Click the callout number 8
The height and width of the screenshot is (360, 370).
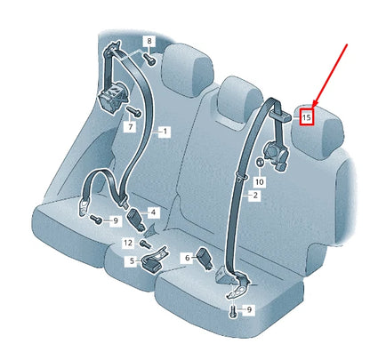[149, 42]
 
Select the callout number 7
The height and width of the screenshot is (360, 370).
[130, 128]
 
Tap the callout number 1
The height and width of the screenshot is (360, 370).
[164, 131]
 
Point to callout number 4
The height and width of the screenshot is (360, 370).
[153, 212]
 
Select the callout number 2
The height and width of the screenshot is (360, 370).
[254, 195]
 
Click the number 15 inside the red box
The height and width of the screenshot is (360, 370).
[307, 116]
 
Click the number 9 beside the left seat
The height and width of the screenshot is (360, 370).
[115, 220]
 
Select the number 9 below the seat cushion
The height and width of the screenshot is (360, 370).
[249, 309]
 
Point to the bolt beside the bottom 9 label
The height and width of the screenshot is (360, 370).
[234, 312]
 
